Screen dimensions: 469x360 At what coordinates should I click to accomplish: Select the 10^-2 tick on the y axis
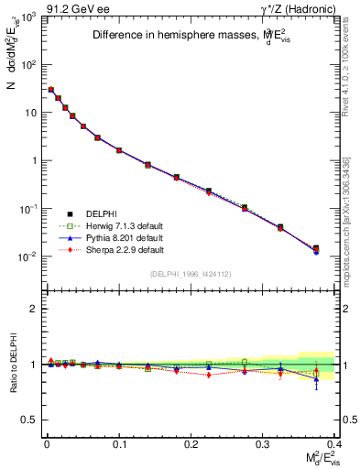(27, 256)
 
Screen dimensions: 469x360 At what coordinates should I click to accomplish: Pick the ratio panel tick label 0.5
(27, 420)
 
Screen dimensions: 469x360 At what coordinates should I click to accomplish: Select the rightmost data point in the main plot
(316, 248)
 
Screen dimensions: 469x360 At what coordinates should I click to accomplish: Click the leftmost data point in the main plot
(51, 90)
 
